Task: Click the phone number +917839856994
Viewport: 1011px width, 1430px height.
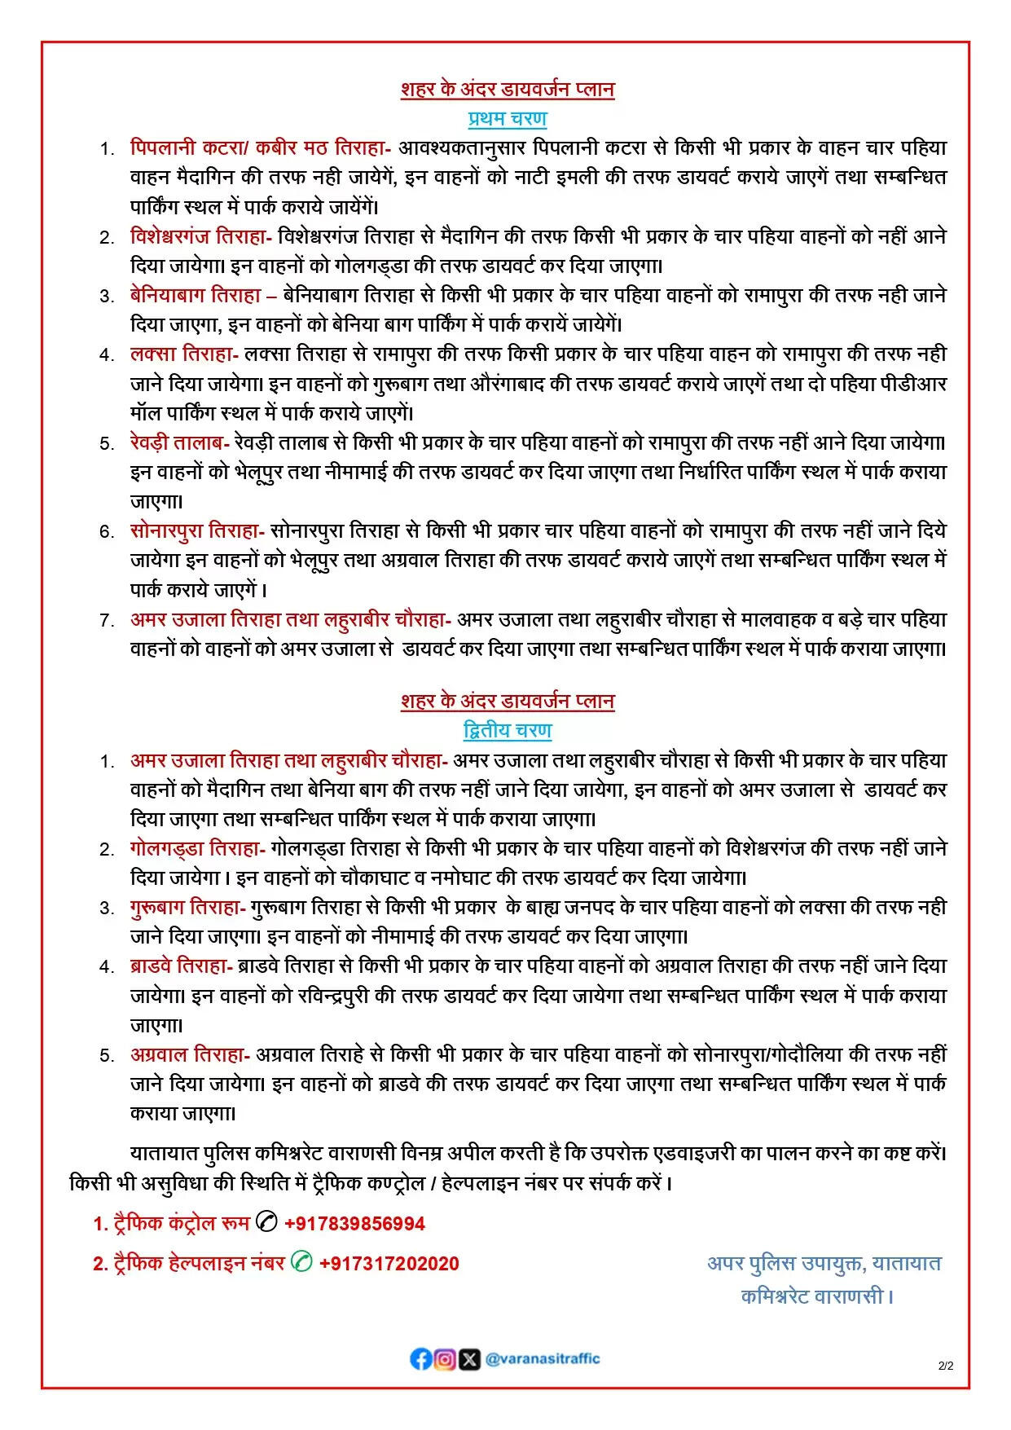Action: [354, 1223]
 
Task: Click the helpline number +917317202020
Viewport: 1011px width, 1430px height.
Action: [389, 1263]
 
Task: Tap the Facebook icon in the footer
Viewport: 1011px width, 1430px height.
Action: [420, 1358]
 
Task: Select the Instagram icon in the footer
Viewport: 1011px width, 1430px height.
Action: [445, 1358]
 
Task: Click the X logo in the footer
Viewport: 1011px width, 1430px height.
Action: [469, 1358]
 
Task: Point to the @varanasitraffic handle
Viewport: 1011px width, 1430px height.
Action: [543, 1358]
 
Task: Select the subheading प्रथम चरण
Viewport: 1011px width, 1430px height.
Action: [507, 119]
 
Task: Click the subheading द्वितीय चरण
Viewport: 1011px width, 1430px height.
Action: [507, 731]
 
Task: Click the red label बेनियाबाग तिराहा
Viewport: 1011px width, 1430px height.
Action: [196, 296]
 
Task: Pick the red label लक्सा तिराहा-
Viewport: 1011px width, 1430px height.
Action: [184, 354]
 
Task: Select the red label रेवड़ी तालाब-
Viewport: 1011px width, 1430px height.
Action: [179, 443]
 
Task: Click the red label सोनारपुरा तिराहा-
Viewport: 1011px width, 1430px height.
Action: [197, 531]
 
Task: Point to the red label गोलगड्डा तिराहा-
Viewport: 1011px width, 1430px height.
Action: [197, 848]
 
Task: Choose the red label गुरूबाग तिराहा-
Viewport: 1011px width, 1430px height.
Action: [187, 907]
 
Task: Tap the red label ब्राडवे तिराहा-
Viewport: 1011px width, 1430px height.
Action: [182, 966]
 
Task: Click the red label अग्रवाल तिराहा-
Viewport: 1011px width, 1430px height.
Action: [190, 1054]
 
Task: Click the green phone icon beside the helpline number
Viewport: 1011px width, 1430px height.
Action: [301, 1262]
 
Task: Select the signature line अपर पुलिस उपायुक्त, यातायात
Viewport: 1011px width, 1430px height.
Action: [824, 1264]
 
